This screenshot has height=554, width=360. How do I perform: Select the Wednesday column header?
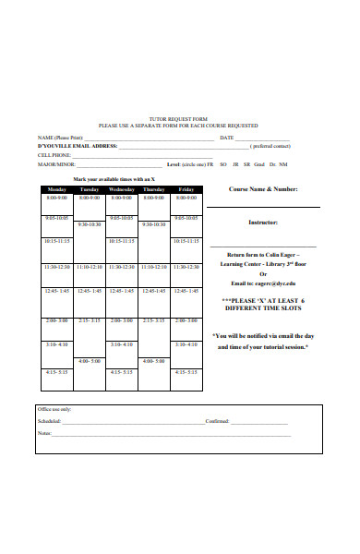pos(122,188)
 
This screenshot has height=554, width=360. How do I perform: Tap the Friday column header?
pos(186,188)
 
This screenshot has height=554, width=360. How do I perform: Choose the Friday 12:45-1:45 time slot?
pos(186,291)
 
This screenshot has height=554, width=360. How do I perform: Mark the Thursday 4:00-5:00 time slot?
pos(154,361)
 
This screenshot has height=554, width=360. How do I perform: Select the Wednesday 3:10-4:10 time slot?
pos(122,344)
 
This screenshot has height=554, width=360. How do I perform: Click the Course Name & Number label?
pos(263,188)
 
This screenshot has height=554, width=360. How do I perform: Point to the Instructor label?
pos(263,223)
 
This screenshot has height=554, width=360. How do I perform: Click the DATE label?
pos(227,138)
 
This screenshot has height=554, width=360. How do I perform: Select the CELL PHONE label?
pos(53,154)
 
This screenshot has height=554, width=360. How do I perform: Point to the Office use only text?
pos(54,408)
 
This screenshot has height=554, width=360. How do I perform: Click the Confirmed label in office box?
pos(217,420)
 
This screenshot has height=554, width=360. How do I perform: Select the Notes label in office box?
pos(44,432)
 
